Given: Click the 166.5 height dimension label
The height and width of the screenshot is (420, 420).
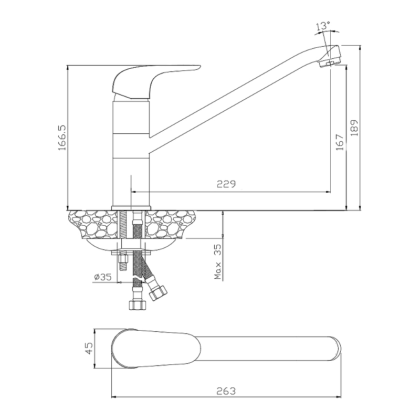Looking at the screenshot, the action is pyautogui.click(x=62, y=138).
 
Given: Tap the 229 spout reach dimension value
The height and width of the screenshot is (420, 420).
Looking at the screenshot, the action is pyautogui.click(x=226, y=184).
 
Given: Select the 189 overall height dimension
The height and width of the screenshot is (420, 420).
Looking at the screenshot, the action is pyautogui.click(x=354, y=128).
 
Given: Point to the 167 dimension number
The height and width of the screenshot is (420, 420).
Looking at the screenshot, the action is pyautogui.click(x=339, y=142).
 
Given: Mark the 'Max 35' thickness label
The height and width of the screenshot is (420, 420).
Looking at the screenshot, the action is pyautogui.click(x=218, y=261).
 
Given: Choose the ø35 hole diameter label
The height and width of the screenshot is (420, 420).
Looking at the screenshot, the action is pyautogui.click(x=102, y=277).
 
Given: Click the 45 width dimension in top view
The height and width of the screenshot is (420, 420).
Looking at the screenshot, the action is pyautogui.click(x=89, y=348).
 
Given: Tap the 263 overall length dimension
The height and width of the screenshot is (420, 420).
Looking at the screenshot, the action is pyautogui.click(x=226, y=391).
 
